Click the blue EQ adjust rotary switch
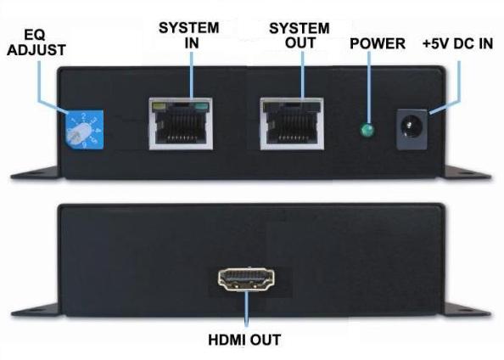click(x=84, y=130)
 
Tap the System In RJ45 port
click(x=181, y=124)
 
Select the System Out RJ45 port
click(x=292, y=124)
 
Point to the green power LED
click(x=367, y=130)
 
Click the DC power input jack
click(x=412, y=129)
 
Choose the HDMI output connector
click(x=247, y=279)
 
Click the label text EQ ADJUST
click(x=36, y=42)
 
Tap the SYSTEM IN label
click(x=189, y=36)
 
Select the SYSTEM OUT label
click(x=300, y=36)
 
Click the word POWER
click(x=378, y=44)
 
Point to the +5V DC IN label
click(x=457, y=44)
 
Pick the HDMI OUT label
click(x=244, y=340)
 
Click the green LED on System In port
click(x=200, y=105)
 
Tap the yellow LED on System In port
click(x=159, y=105)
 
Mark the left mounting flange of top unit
click(x=36, y=173)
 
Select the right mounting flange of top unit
click(x=468, y=173)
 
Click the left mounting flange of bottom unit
click(x=36, y=310)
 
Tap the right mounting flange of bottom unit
click(x=468, y=310)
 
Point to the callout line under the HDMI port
click(x=247, y=309)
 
